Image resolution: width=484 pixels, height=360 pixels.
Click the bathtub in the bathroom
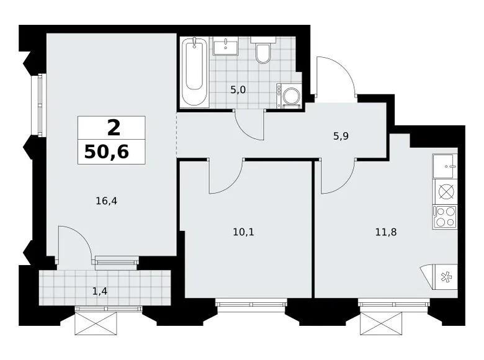[194, 72]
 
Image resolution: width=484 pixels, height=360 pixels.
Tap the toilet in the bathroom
[262, 50]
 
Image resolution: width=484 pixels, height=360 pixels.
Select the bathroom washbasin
[226, 46]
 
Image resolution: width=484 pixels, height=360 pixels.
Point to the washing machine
[289, 96]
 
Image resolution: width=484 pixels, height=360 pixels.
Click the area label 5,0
[238, 90]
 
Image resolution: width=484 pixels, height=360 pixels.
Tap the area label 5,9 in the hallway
[341, 136]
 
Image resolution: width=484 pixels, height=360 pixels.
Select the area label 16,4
[107, 201]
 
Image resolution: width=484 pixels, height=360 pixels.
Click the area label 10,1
[243, 232]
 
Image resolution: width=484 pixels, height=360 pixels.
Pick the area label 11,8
[386, 232]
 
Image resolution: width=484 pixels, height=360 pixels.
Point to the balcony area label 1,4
[100, 291]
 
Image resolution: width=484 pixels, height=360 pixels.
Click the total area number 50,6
[107, 151]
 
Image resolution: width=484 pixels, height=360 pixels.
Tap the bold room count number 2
[114, 128]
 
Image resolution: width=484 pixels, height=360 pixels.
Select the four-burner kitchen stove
[445, 217]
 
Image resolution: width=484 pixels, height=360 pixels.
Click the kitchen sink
[445, 166]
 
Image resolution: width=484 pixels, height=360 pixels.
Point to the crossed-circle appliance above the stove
[446, 192]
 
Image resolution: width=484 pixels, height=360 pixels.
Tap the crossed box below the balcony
[96, 323]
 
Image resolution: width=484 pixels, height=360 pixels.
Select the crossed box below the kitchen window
[381, 323]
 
